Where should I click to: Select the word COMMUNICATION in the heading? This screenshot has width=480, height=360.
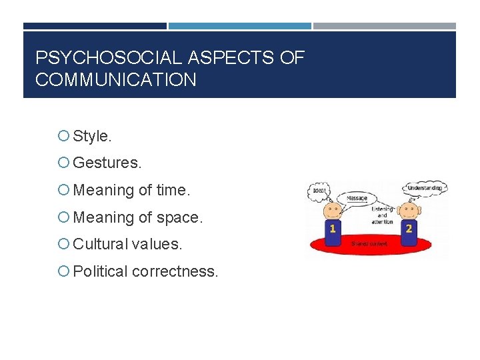click(x=116, y=81)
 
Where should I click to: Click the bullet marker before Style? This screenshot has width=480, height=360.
click(x=64, y=137)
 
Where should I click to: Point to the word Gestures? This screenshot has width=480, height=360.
click(x=107, y=163)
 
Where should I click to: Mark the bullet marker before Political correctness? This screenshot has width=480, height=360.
click(x=64, y=272)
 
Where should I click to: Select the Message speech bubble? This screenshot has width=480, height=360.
click(x=357, y=199)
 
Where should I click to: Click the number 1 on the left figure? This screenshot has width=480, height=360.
click(x=332, y=229)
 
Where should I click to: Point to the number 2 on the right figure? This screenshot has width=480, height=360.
click(x=408, y=229)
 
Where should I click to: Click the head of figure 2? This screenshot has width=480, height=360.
click(x=408, y=210)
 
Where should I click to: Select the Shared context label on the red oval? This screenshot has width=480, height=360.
click(x=369, y=244)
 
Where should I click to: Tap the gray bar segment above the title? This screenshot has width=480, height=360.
click(x=385, y=27)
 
